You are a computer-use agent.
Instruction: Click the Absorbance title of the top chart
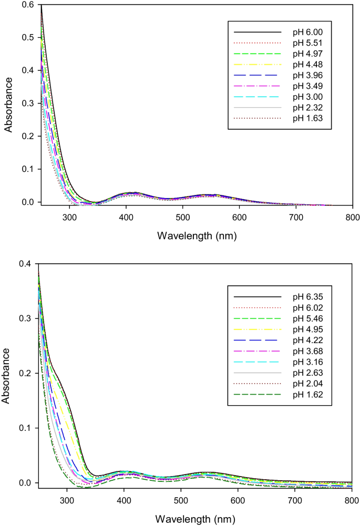point(9,104)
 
